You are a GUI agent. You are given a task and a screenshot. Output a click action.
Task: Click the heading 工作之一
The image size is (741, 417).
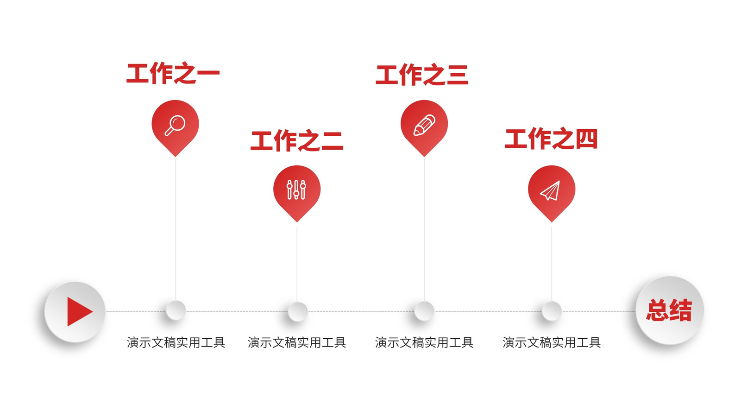tap(173, 73)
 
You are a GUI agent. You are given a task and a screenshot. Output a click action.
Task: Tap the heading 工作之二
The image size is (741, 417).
tap(297, 141)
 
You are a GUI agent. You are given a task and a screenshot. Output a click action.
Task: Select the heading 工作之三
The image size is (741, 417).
tap(422, 75)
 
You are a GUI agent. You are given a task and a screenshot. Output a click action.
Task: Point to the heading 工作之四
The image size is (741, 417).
tap(551, 139)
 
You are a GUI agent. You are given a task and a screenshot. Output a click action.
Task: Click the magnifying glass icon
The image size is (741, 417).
tap(175, 125)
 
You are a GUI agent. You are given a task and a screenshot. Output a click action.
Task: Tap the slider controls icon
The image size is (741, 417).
tap(296, 190)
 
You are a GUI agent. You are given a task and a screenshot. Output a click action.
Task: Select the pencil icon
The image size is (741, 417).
tap(424, 125)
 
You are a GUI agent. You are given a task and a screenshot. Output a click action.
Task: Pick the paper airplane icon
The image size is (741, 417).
tap(550, 190)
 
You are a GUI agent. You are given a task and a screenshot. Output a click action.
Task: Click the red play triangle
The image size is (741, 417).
tap(79, 311)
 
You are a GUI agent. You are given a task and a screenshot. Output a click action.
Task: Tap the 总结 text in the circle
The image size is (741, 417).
tap(669, 310)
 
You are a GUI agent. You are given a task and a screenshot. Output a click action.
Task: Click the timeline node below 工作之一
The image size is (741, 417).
tap(176, 310)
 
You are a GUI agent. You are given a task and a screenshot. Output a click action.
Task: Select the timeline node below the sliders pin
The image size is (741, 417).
tap(298, 311)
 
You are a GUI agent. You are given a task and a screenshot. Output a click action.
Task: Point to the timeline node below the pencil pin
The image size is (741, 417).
tap(424, 311)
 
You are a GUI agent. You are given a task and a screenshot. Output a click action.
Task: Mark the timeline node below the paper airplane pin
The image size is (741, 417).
tap(552, 311)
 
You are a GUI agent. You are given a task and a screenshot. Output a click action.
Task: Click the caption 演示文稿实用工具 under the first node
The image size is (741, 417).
tap(176, 342)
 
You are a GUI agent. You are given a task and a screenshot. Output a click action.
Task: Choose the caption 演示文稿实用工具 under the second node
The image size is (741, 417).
tap(297, 342)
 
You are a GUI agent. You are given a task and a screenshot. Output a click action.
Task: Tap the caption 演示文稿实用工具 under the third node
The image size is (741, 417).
tap(424, 342)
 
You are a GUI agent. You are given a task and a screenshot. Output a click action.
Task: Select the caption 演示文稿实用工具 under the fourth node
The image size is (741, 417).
tap(552, 342)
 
